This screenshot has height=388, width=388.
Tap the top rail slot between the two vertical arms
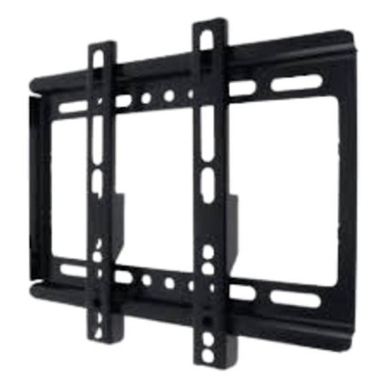(123, 101)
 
